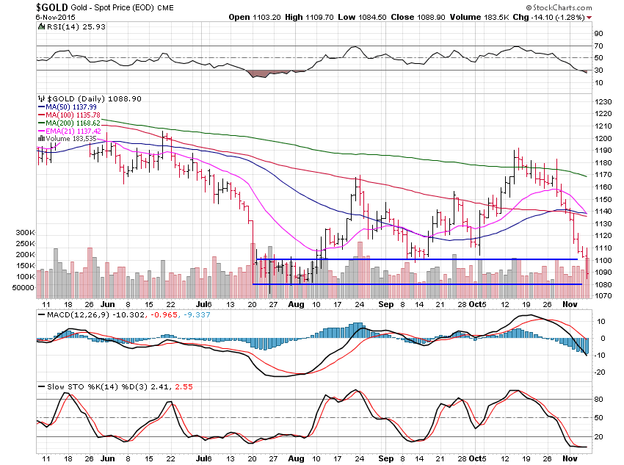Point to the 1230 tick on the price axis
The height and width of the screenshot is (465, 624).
(603, 101)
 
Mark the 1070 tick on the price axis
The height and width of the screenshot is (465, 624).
(603, 295)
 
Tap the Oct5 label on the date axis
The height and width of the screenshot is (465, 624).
(478, 303)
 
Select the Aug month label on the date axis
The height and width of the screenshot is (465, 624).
(296, 303)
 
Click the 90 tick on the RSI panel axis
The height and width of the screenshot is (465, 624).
(599, 34)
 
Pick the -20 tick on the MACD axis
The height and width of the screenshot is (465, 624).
(601, 372)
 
